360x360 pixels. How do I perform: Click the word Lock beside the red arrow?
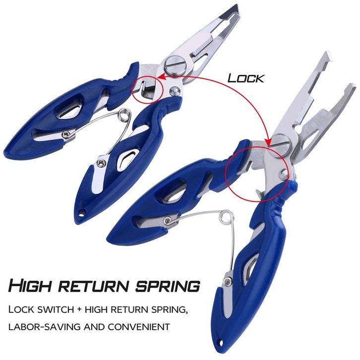point(245,78)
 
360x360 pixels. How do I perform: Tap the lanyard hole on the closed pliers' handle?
point(81,214)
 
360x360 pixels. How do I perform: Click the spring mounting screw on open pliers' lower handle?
point(227,281)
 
